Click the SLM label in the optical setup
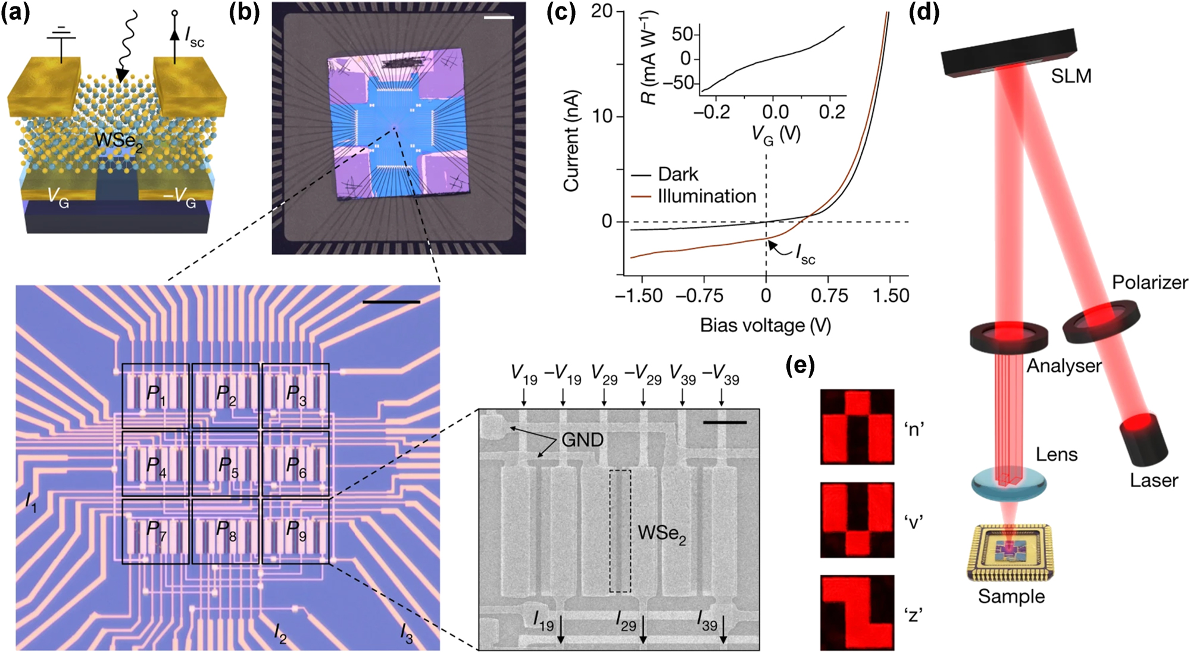tap(1071, 76)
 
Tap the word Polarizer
tap(1150, 282)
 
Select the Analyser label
tap(1064, 365)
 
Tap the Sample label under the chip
tap(1011, 596)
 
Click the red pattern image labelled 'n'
tap(857, 426)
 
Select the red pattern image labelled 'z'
tap(857, 612)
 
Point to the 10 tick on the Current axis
tap(602, 116)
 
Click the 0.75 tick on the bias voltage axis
tap(829, 296)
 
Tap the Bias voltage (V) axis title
tap(765, 325)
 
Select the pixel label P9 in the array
tap(295, 530)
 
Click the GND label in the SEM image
tap(582, 440)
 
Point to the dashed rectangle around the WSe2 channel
tap(620, 530)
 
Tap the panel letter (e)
tap(799, 365)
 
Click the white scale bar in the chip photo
tap(498, 18)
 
